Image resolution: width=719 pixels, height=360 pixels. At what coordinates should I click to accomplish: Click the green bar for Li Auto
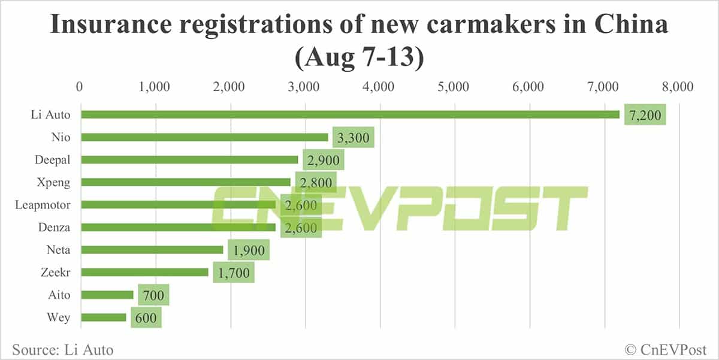(x=350, y=114)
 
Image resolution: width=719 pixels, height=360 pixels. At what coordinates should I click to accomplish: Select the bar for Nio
(x=204, y=137)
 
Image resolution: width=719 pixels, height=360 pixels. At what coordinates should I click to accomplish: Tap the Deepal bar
(x=189, y=160)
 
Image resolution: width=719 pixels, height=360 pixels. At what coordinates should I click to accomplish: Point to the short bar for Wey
(x=104, y=317)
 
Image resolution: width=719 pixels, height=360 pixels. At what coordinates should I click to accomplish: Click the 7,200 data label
(x=645, y=114)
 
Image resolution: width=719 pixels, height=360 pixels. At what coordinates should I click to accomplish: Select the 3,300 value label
(x=354, y=137)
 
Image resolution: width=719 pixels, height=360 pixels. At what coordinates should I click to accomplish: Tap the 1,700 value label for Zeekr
(x=234, y=272)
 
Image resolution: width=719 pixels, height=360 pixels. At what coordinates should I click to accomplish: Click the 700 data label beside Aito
(x=153, y=295)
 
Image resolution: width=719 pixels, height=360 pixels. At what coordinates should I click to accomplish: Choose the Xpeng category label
(x=55, y=182)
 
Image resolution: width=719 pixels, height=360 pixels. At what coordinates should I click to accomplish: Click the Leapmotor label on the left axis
(x=43, y=205)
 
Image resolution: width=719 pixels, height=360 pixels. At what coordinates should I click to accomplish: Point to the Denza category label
(x=55, y=227)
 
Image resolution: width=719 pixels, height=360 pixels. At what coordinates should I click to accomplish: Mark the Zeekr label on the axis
(x=55, y=272)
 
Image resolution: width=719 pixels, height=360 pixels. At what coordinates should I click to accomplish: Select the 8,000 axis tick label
(x=678, y=87)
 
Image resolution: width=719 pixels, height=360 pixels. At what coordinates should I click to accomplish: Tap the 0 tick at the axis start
(x=80, y=87)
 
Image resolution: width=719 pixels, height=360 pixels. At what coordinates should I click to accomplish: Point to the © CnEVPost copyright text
(x=665, y=349)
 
